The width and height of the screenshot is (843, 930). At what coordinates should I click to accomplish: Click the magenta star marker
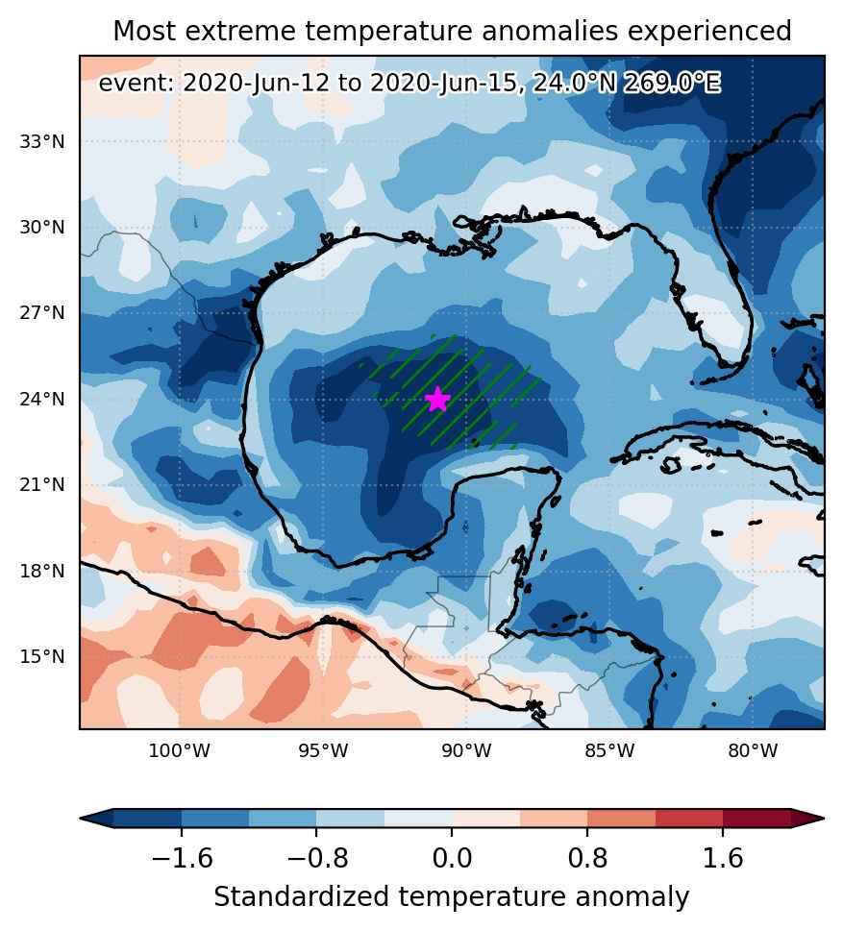437,399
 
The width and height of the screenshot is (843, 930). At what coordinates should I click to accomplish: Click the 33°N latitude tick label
42,142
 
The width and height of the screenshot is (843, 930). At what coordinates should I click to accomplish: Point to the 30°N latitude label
42,228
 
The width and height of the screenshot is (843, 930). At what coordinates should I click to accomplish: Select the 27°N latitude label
42,313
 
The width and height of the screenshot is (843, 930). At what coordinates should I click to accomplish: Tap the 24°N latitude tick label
42,399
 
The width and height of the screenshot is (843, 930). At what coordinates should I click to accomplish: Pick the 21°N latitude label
42,485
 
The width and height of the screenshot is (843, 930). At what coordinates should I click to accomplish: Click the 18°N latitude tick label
42,572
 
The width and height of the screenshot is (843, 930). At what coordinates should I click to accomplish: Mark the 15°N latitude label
42,657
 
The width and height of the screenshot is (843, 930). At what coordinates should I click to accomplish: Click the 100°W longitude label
179,751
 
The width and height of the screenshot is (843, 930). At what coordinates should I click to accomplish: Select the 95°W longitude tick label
323,751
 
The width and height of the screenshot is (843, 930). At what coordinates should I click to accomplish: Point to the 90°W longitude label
467,751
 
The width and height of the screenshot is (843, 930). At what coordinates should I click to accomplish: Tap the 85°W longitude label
609,751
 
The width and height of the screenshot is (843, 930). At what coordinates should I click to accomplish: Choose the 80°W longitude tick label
754,751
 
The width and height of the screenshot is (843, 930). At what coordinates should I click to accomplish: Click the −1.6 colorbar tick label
182,858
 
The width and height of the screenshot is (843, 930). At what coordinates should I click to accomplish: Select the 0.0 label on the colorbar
452,858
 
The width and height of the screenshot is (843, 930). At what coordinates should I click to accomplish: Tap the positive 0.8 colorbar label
587,858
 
